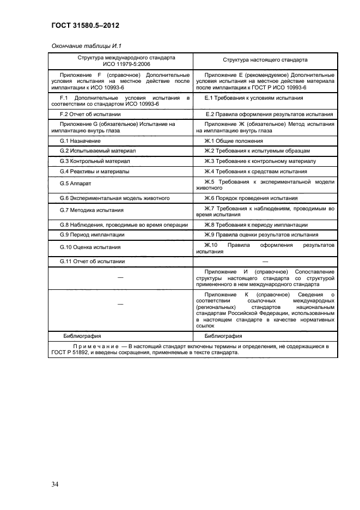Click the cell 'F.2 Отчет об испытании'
point(90,114)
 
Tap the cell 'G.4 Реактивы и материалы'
point(94,172)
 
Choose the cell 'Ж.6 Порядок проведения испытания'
point(251,198)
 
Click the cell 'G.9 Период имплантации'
point(92,234)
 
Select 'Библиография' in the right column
point(223,336)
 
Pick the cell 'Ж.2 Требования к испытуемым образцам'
point(257,151)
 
